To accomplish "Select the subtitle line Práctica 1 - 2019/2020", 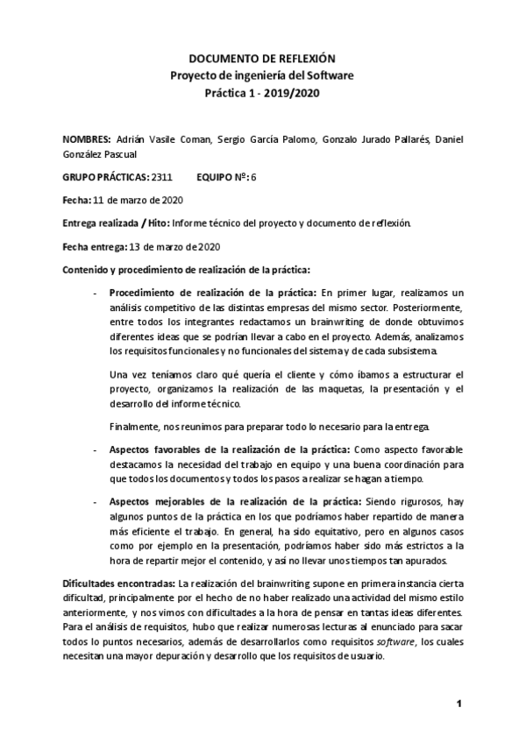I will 262,92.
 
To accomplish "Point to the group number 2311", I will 161,177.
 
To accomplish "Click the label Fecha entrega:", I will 94,245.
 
